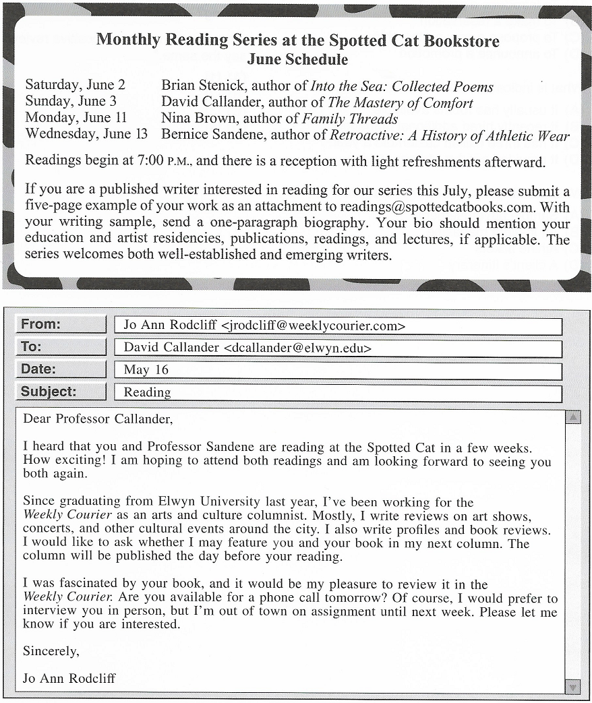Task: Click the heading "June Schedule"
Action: point(297,59)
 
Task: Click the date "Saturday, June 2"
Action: point(75,86)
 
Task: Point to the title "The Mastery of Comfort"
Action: point(401,102)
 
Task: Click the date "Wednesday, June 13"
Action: point(86,135)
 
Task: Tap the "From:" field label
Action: point(40,324)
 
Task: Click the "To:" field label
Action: point(31,346)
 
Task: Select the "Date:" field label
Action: point(38,369)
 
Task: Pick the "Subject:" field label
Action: point(49,392)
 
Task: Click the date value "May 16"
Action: point(146,370)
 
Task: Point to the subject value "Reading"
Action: point(147,392)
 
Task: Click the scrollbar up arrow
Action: point(572,417)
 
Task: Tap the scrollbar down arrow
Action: point(572,687)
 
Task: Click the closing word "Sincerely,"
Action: point(51,651)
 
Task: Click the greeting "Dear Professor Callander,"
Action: point(98,419)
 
